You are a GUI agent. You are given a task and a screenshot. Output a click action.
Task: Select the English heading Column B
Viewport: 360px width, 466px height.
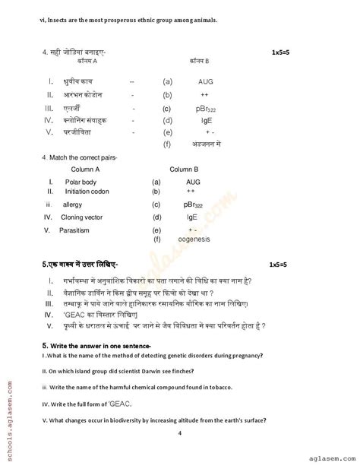coord(182,170)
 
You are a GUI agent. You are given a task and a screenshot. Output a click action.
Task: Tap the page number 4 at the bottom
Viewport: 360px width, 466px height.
coord(179,433)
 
